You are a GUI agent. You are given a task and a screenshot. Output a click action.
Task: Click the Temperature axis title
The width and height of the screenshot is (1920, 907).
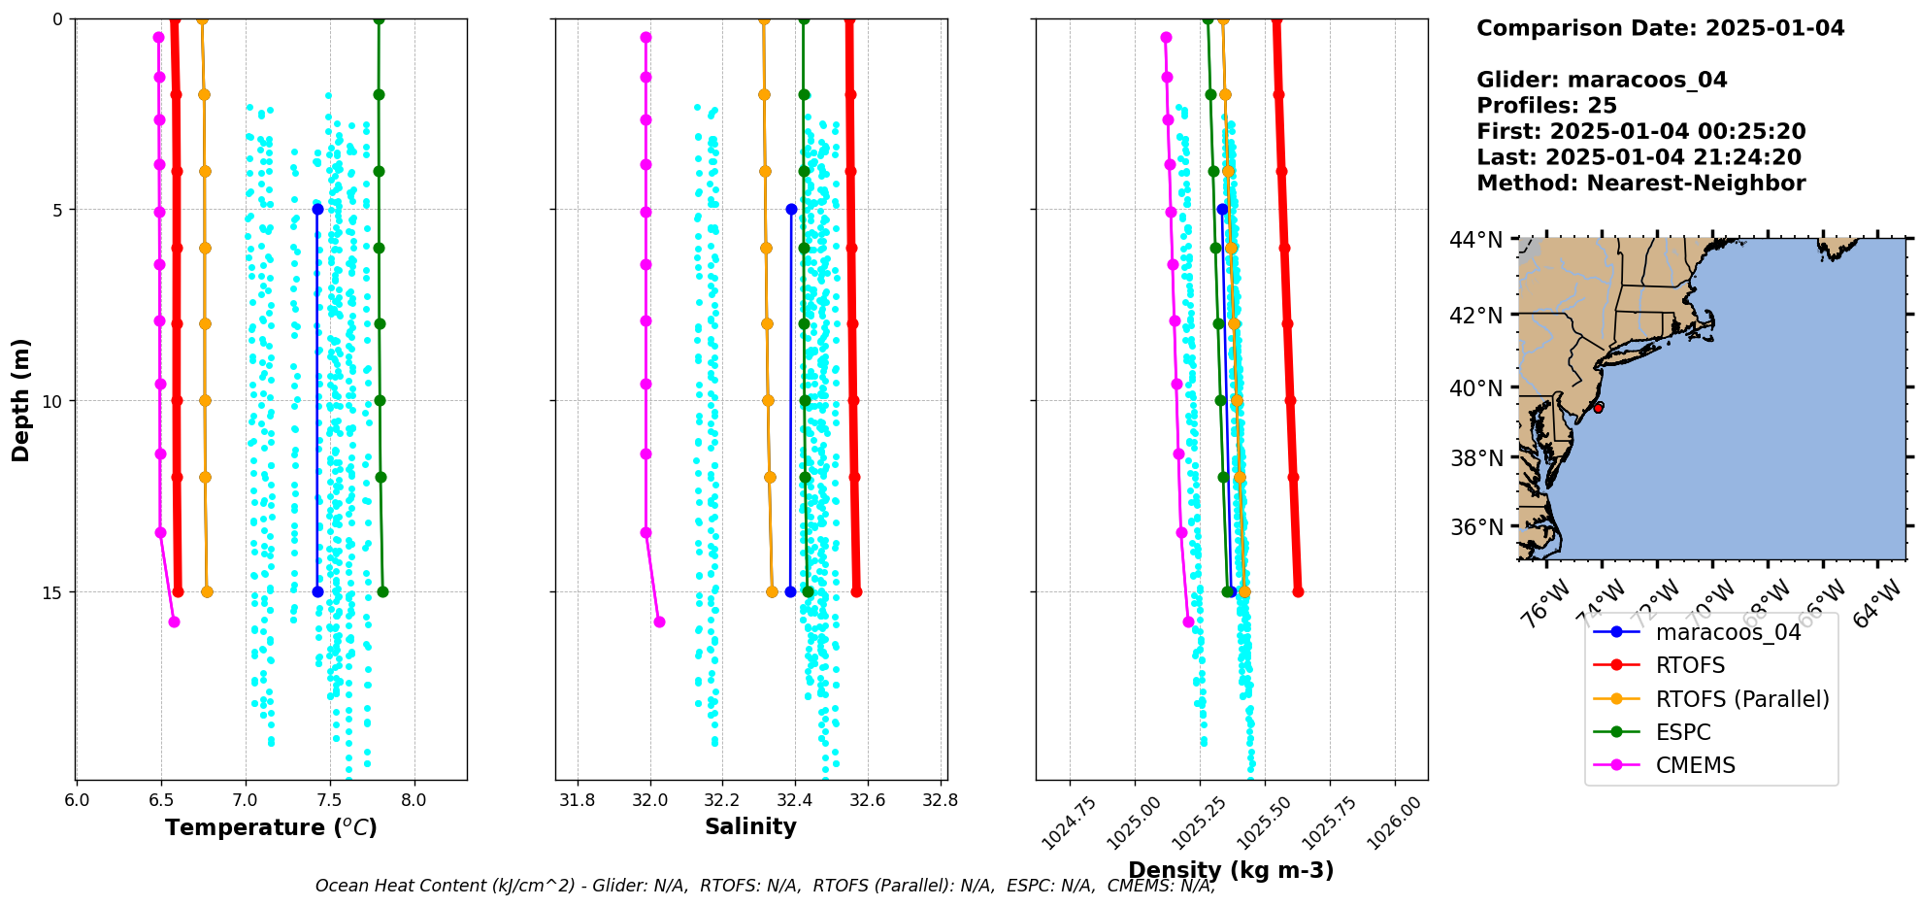271,827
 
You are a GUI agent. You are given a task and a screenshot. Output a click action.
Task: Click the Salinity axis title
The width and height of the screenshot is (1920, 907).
750,827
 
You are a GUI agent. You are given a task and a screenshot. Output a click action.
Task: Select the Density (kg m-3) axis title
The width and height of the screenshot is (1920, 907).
1231,870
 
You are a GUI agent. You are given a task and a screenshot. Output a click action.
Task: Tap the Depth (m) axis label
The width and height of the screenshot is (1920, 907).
21,399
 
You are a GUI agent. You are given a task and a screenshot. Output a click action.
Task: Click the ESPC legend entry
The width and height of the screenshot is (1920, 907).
1683,732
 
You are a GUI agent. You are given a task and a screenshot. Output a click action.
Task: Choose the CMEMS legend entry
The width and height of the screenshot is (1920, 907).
1695,765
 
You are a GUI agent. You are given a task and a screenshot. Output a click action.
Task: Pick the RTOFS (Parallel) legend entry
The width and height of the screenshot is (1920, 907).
1741,699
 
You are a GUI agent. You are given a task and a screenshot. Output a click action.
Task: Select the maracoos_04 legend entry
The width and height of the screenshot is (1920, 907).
1728,632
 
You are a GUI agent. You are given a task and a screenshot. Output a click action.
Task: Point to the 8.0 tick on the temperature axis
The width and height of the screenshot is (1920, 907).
414,800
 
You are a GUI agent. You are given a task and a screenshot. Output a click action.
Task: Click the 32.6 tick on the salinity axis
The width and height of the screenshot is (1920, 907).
867,800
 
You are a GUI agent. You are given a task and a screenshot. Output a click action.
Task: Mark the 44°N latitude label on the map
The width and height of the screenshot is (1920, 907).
1475,240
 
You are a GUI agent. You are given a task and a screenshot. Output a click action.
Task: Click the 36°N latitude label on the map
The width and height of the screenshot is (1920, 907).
1475,527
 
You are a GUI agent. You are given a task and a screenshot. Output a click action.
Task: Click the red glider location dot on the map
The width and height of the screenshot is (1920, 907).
1598,408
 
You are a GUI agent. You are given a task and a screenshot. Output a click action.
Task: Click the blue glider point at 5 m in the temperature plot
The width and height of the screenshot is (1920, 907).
317,209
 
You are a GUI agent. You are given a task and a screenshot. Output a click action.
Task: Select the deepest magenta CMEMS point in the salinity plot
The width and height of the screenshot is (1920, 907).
659,621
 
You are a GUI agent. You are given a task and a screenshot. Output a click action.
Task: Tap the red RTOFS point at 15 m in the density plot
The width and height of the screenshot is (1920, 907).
1298,591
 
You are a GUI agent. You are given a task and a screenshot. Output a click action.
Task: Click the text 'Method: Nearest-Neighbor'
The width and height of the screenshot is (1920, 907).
1640,184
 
